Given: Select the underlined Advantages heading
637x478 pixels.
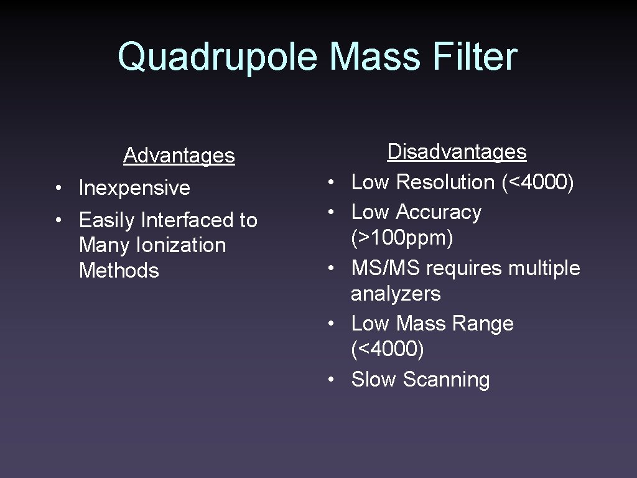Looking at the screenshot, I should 179,155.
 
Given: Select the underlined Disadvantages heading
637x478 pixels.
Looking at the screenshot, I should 457,152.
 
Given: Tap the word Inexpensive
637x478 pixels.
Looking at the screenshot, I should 134,187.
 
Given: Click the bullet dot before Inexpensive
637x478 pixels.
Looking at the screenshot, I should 57,189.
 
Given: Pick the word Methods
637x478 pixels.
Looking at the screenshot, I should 119,271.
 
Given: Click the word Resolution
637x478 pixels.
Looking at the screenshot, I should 445,182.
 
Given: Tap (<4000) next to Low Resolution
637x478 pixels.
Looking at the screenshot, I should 537,182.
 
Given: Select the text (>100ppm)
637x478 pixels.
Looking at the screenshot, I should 402,238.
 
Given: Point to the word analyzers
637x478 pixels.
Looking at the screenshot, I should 396,294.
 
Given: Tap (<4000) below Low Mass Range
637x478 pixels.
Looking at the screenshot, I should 387,349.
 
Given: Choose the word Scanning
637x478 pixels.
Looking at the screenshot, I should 446,379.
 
